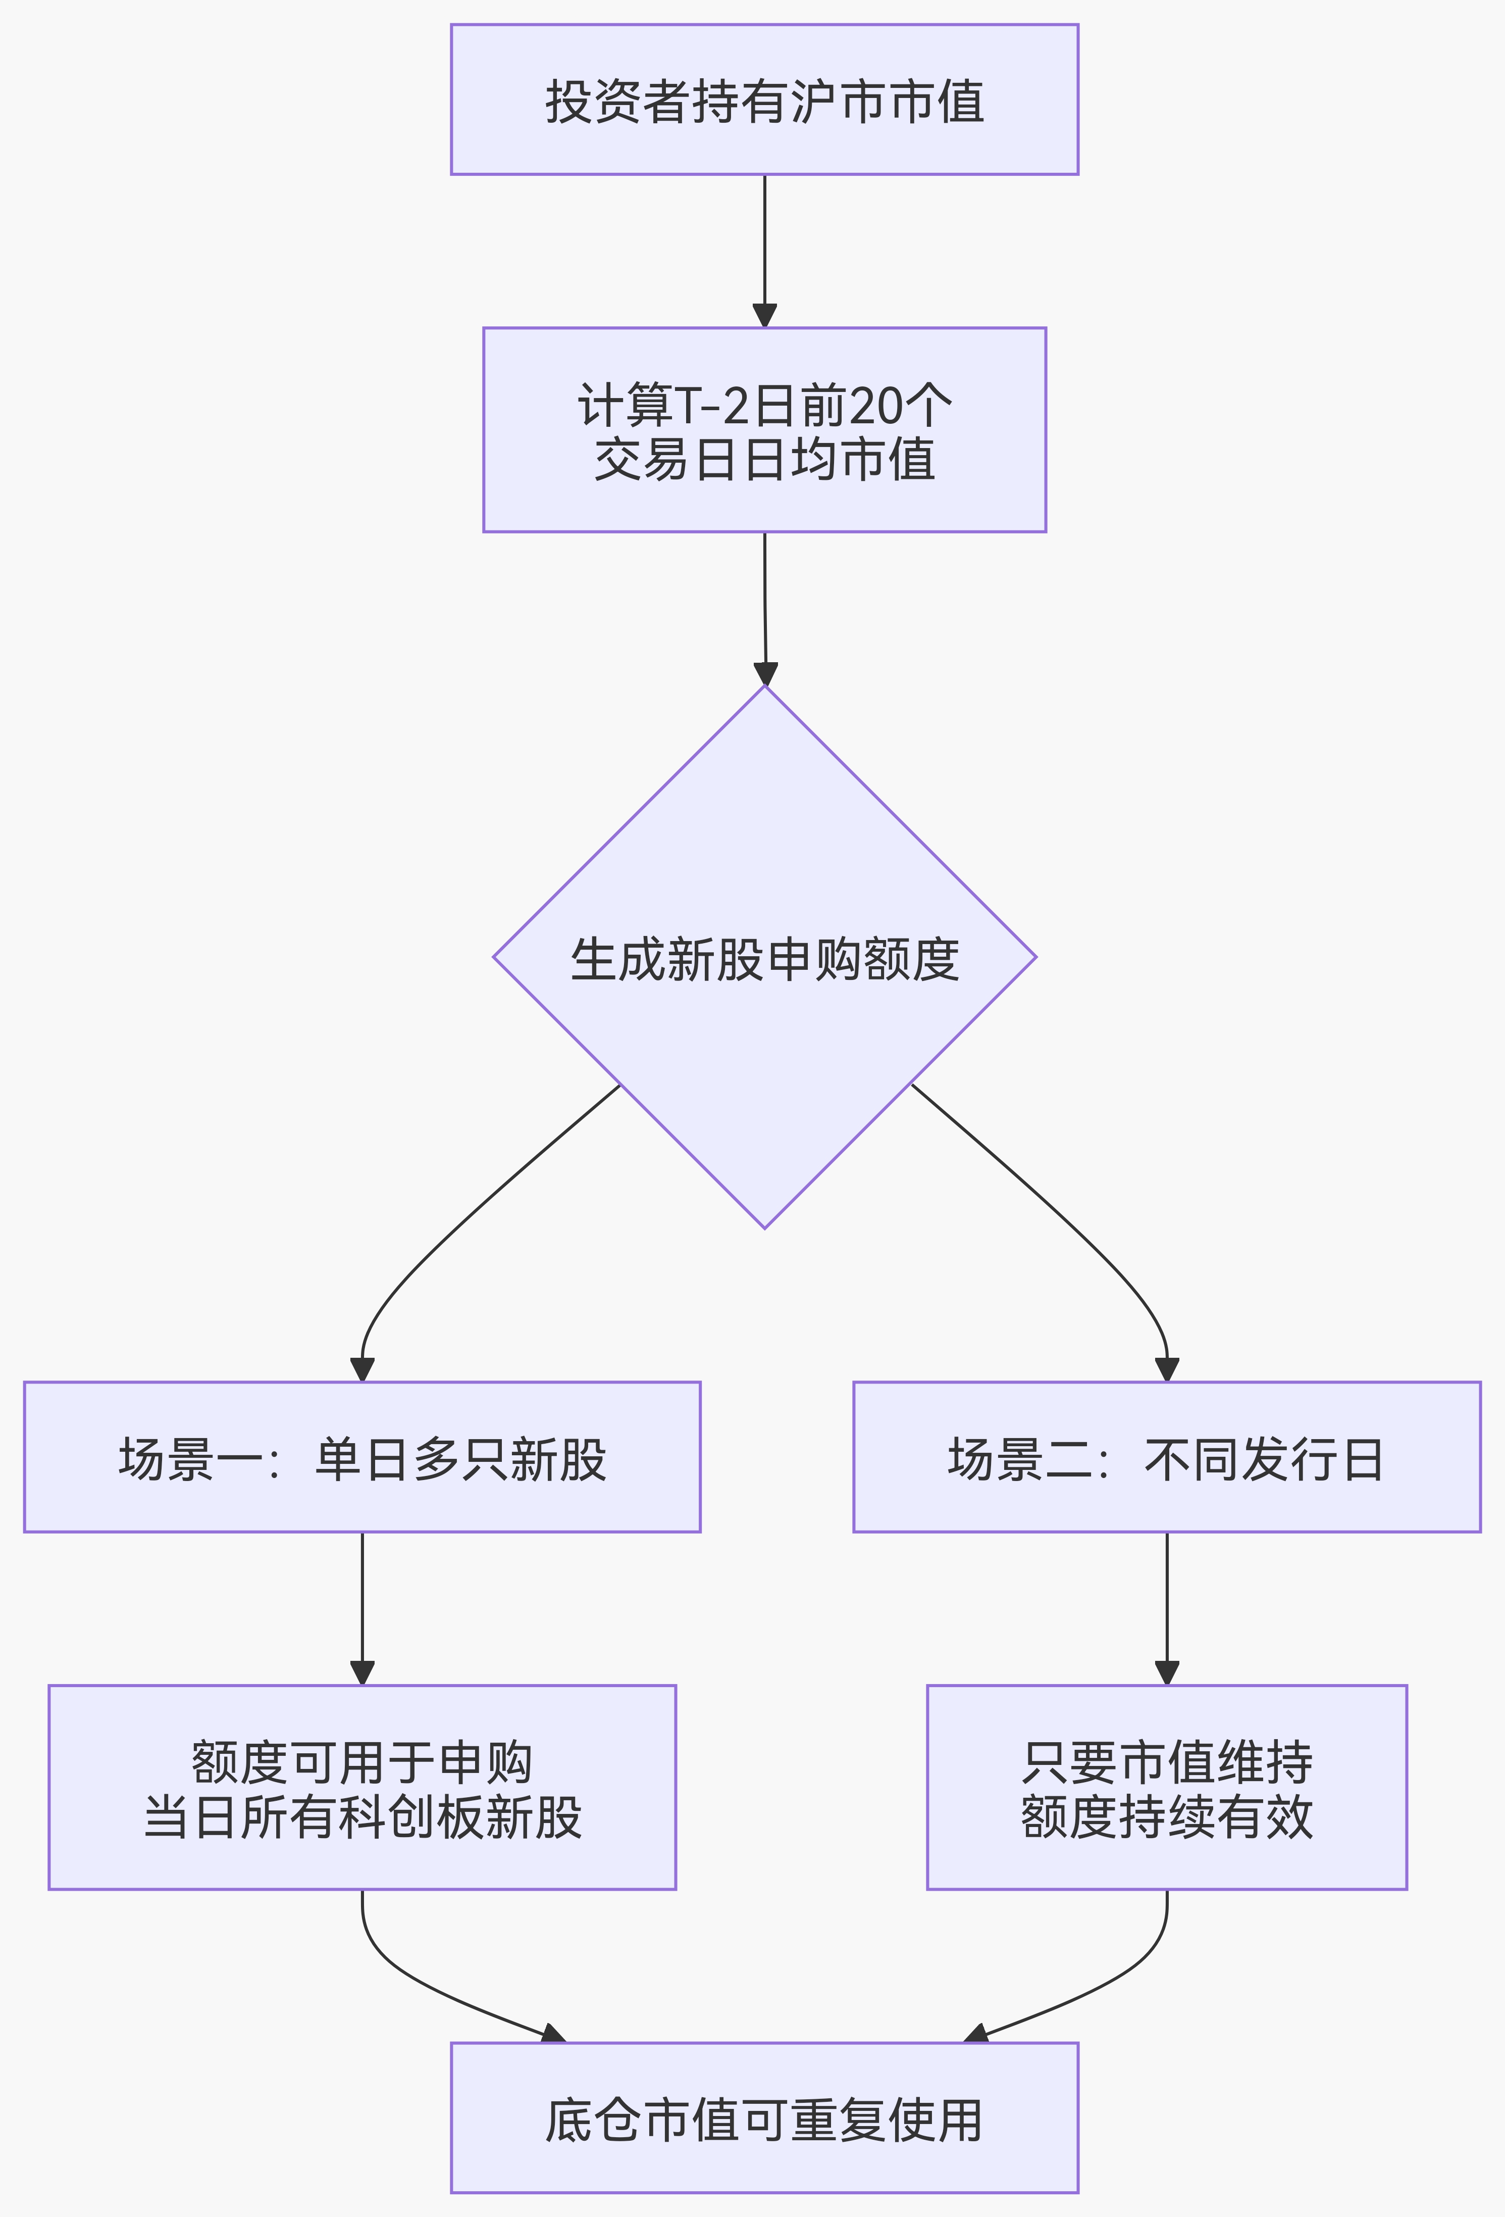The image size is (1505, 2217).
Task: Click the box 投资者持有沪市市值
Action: tap(764, 99)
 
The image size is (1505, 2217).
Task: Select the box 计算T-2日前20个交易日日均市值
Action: tap(764, 429)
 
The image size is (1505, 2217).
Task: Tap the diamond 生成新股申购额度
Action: tap(764, 957)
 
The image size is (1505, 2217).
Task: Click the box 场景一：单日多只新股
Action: tap(362, 1457)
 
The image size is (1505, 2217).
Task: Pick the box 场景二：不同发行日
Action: tap(1166, 1457)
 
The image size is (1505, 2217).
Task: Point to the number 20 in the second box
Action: tap(874, 406)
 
